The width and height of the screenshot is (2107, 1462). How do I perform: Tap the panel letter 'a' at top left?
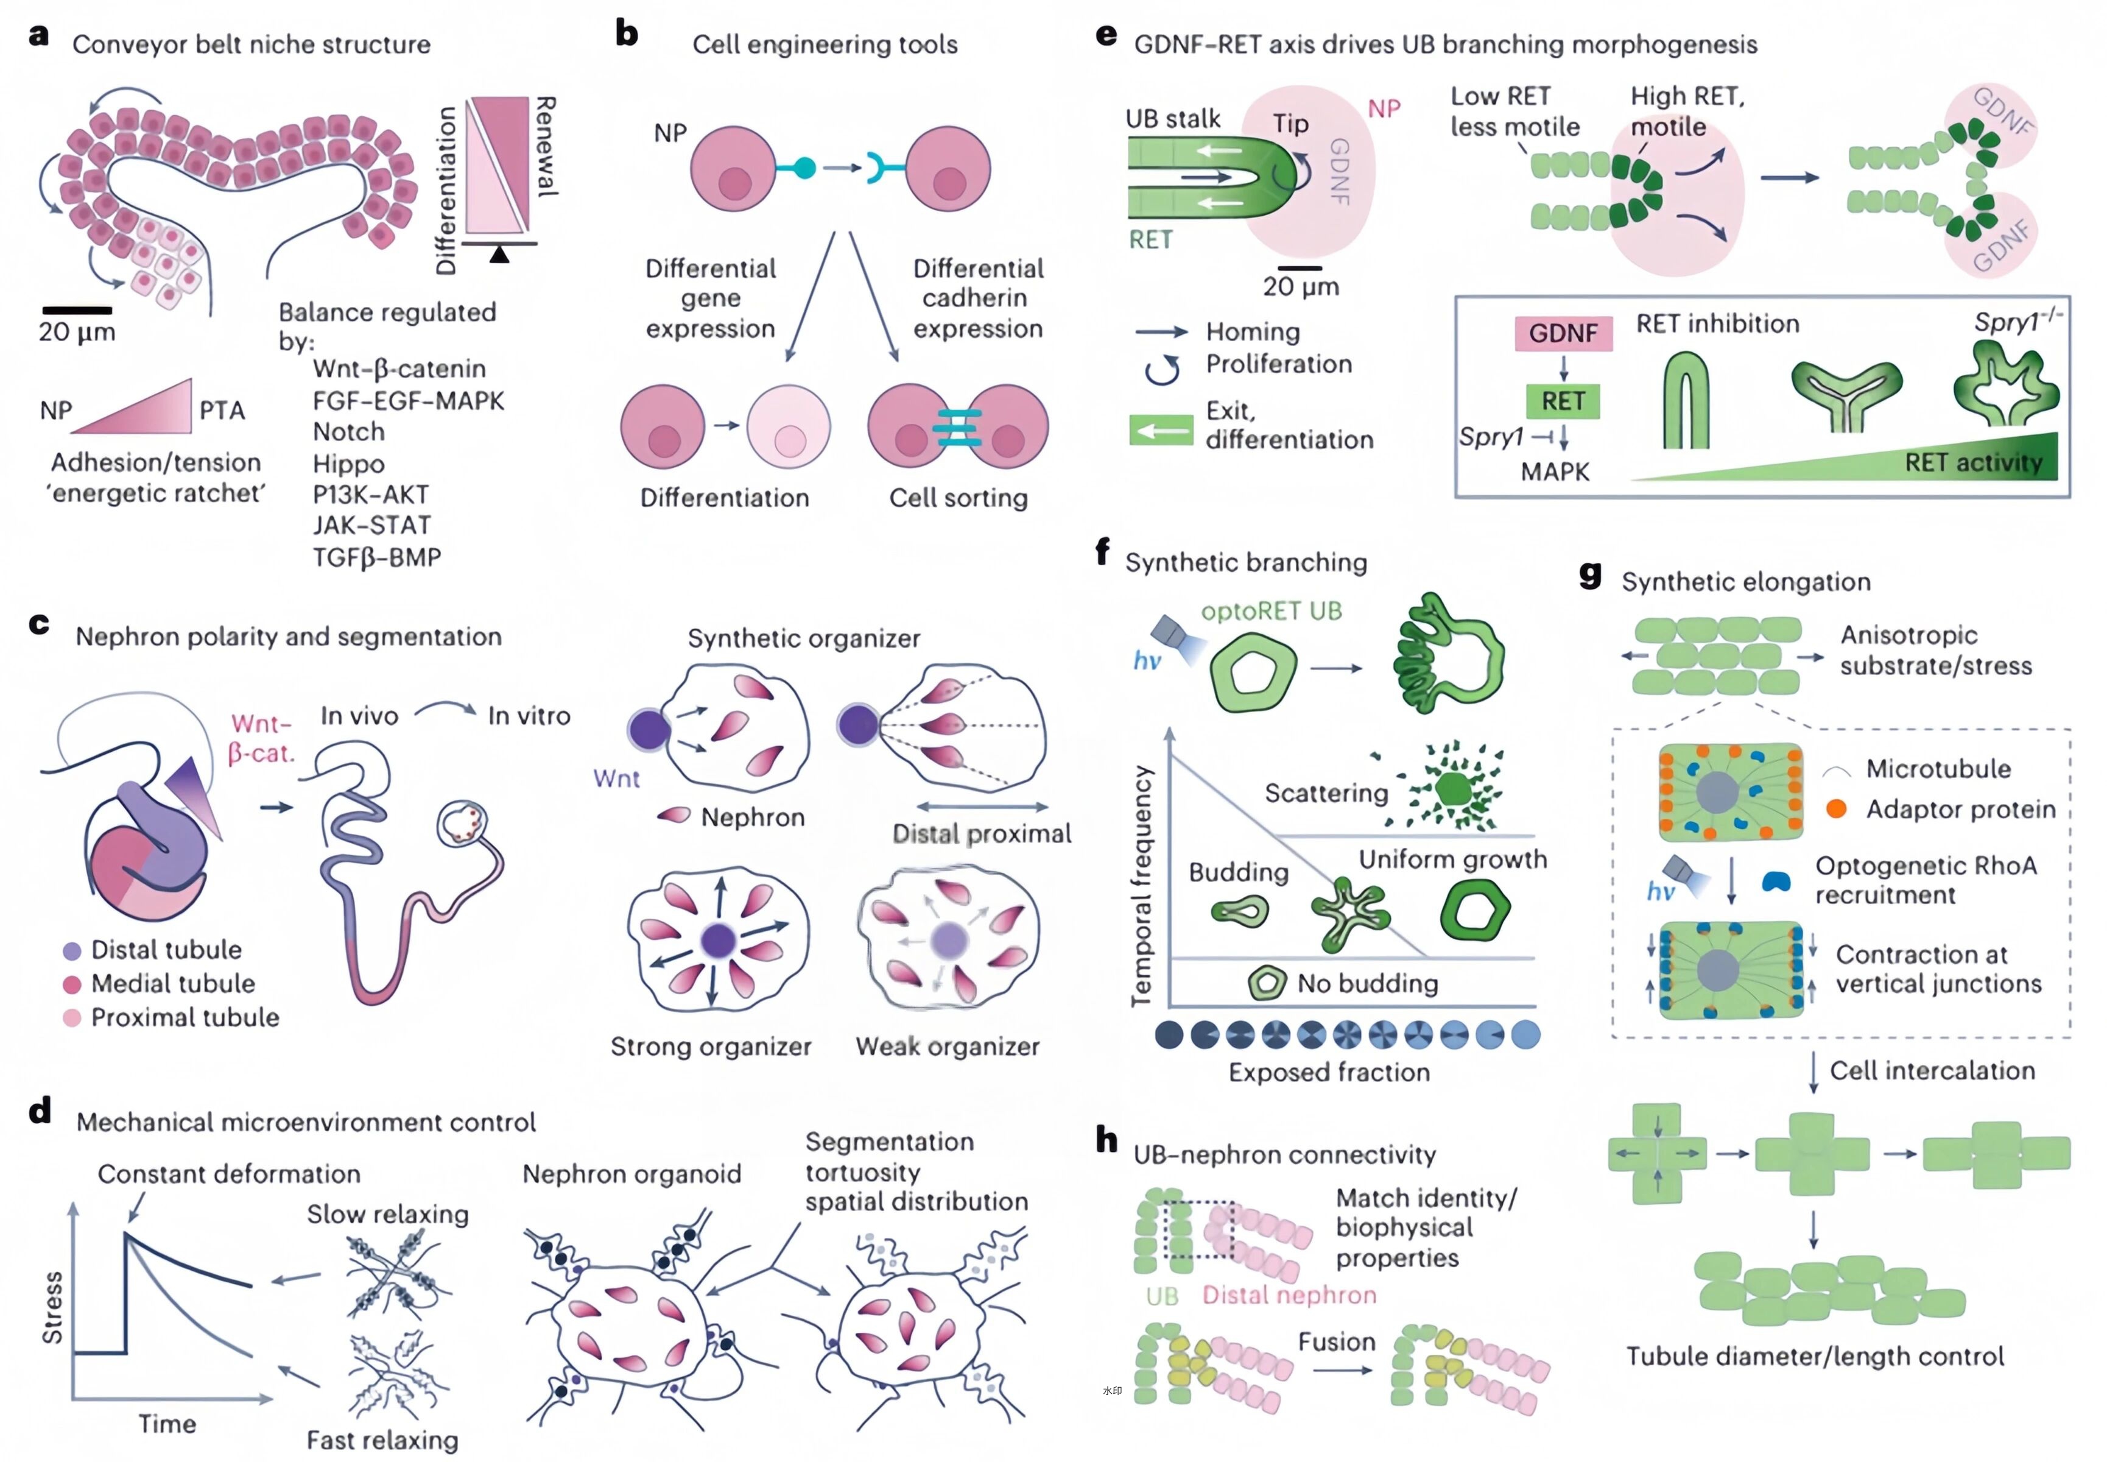tap(38, 36)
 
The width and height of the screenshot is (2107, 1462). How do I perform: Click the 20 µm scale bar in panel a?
tap(77, 311)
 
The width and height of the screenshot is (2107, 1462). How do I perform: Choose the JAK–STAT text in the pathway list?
tap(371, 525)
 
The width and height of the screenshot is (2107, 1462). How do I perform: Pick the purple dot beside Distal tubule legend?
tap(71, 951)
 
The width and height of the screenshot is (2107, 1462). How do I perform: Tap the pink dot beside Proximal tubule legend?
tap(71, 1018)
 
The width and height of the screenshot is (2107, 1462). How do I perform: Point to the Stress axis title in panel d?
tap(53, 1307)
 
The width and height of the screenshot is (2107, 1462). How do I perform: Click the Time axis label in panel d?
tap(167, 1424)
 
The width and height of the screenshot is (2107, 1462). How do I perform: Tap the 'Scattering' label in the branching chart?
tap(1326, 793)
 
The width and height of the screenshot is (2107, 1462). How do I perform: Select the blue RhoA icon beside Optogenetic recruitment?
tap(1776, 881)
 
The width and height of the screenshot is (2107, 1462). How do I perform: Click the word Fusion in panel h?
tap(1336, 1342)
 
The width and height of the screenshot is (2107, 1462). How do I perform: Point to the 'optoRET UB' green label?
tap(1271, 611)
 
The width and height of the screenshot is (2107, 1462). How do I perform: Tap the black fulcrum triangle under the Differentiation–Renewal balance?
tap(499, 255)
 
